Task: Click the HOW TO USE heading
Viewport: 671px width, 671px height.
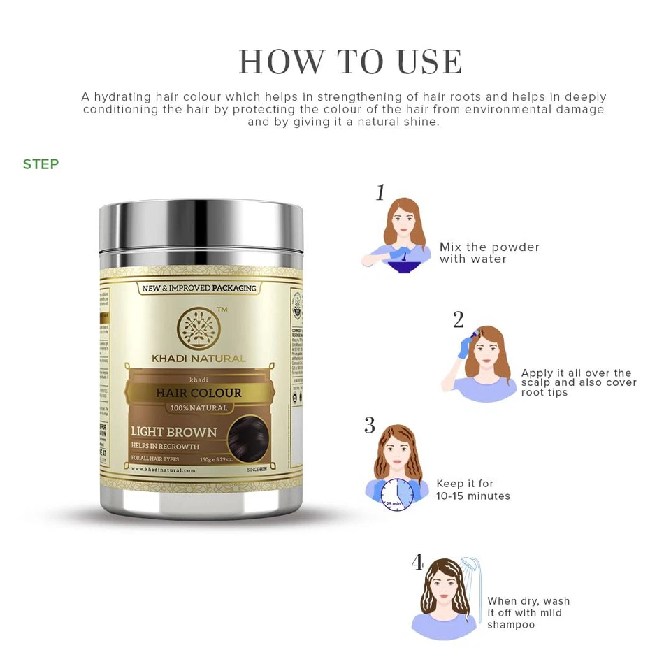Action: click(x=350, y=62)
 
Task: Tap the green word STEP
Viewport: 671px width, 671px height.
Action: click(x=41, y=164)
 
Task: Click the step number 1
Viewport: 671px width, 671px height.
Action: click(x=380, y=193)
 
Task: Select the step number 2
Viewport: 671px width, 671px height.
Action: click(x=459, y=320)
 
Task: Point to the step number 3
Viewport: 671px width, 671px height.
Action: click(x=370, y=426)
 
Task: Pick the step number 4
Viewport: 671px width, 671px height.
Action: click(x=417, y=562)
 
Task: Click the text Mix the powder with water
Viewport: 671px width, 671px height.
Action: click(x=489, y=253)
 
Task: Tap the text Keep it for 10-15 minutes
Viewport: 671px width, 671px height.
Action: click(x=473, y=490)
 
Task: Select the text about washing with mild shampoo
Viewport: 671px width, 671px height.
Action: click(x=528, y=613)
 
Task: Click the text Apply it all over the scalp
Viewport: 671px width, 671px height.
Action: click(x=579, y=382)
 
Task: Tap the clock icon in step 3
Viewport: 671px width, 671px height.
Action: click(x=397, y=495)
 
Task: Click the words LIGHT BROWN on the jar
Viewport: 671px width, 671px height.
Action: click(x=174, y=432)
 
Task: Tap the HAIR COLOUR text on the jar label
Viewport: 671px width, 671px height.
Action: click(x=199, y=393)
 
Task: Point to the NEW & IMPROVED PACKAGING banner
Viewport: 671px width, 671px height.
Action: click(x=199, y=288)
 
